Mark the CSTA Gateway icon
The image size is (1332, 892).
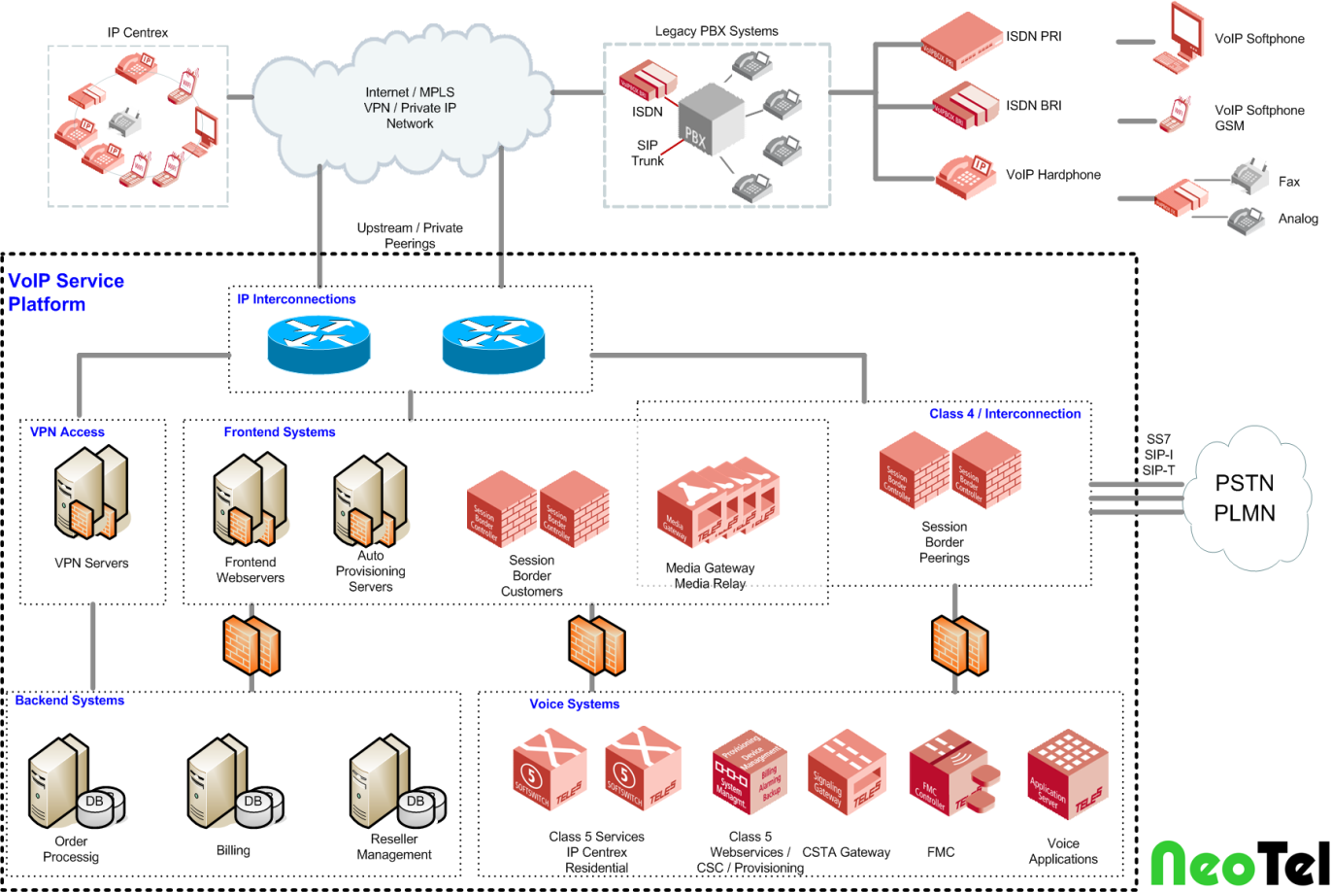click(x=846, y=772)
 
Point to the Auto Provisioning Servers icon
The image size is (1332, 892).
click(x=370, y=498)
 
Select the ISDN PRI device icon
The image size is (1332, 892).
click(x=960, y=40)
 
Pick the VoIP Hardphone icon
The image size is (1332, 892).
click(x=967, y=175)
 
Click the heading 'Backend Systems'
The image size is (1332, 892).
click(x=70, y=701)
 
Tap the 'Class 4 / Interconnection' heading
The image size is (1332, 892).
click(x=1005, y=414)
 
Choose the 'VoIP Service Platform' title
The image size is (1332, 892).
click(x=66, y=292)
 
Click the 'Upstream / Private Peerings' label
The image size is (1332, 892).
click(x=410, y=236)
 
